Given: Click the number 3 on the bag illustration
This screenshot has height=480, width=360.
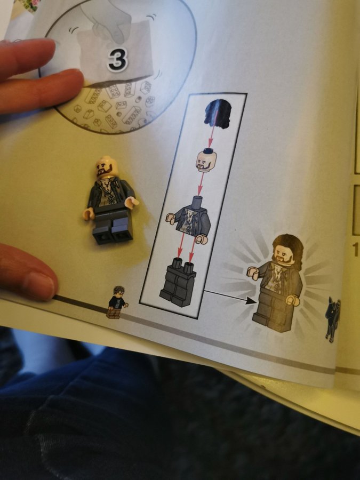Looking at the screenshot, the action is [117, 59].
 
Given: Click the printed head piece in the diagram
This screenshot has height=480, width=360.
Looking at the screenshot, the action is [206, 160].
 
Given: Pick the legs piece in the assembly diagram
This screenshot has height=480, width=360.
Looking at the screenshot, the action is [178, 282].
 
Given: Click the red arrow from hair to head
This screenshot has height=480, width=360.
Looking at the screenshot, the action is [213, 128].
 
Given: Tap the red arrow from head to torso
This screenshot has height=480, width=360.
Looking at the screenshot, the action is [201, 183].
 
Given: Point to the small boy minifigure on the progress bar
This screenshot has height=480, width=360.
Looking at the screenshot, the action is [117, 302].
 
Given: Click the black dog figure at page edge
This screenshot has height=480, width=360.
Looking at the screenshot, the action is [333, 318].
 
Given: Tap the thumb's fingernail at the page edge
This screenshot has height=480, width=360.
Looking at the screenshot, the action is [41, 283].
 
